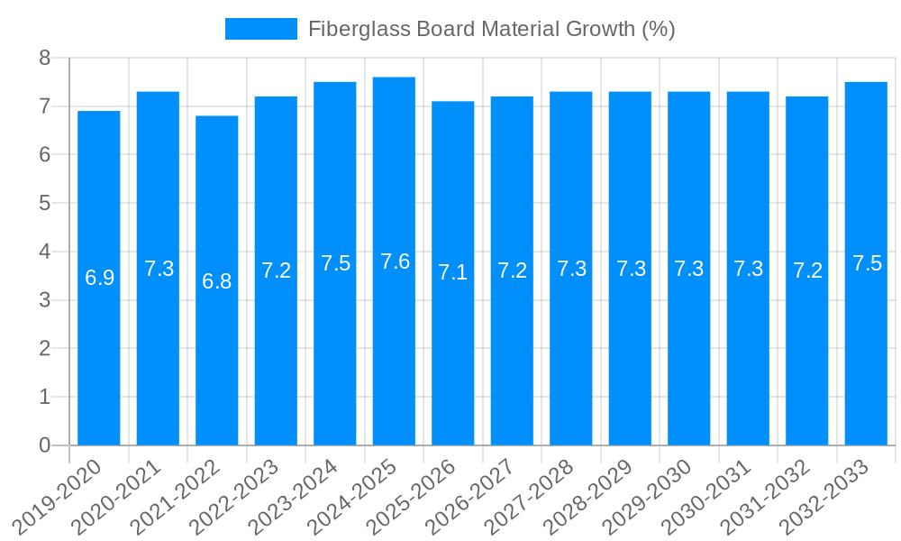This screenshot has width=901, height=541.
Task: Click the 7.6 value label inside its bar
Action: [x=395, y=261]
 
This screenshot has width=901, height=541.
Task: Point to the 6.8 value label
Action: [x=217, y=281]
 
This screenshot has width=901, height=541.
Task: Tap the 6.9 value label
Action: [x=99, y=278]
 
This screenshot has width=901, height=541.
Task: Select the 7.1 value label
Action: [x=453, y=272]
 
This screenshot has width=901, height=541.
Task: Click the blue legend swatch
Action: [x=260, y=29]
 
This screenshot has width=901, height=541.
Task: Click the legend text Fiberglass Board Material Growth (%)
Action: [x=491, y=29]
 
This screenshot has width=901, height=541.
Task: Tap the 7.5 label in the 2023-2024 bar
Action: [x=335, y=263]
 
